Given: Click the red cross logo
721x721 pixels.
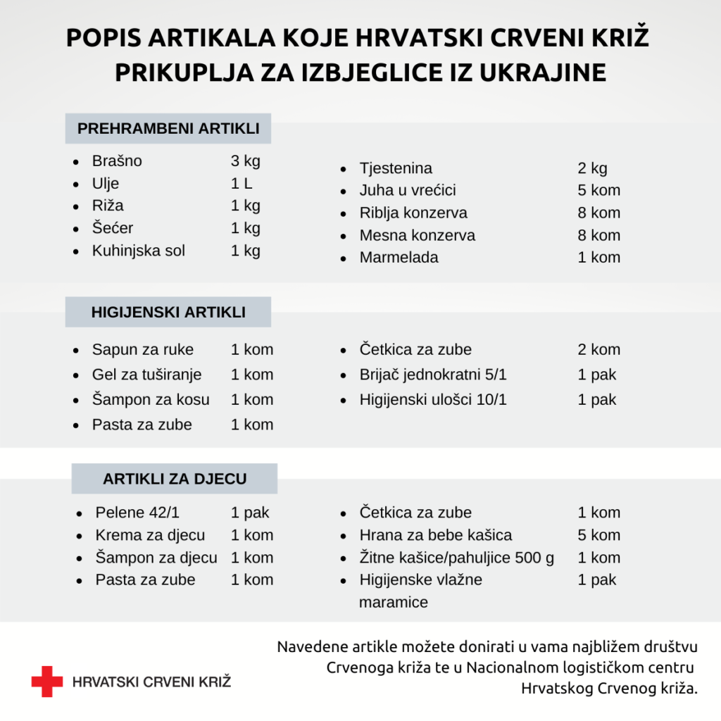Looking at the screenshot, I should click(46, 681).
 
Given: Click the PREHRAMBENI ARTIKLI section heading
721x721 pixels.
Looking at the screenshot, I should click(168, 129).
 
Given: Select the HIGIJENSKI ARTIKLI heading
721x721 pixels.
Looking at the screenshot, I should click(168, 312).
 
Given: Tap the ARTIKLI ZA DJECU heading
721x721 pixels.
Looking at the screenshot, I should click(175, 479).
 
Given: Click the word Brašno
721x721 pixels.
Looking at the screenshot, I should click(117, 161).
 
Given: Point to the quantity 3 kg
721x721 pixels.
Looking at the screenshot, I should click(245, 161).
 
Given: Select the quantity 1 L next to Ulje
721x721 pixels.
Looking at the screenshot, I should click(242, 184).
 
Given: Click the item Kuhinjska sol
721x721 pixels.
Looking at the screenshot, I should click(138, 251).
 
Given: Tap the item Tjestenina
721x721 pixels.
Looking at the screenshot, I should click(396, 168).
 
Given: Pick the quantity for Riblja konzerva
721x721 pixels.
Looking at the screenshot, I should click(598, 213).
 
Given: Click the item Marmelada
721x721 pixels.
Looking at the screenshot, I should click(399, 258).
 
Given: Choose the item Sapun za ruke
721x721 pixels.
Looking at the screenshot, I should click(142, 350).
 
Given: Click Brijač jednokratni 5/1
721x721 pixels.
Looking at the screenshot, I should click(432, 375).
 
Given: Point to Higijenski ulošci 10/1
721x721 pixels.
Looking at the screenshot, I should click(432, 400).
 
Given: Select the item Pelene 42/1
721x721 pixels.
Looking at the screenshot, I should click(137, 513).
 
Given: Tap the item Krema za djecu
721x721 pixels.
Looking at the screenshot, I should click(150, 535).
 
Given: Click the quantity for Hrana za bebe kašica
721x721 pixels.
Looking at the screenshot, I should click(598, 535).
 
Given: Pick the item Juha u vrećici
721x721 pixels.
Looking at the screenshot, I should click(408, 191).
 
